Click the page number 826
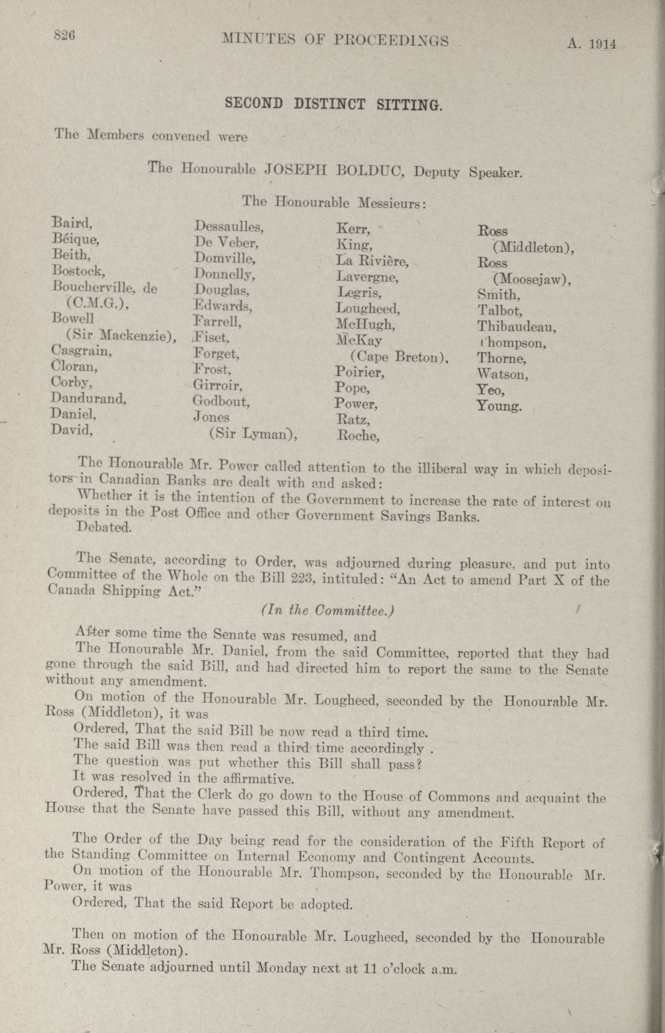point(64,35)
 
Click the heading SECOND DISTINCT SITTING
point(333,104)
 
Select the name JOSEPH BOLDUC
point(334,169)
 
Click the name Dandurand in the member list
point(88,398)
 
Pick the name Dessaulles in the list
point(229,226)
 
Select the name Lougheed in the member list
point(368,308)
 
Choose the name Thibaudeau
point(516,327)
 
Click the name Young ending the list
point(499,406)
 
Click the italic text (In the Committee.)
point(328,610)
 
